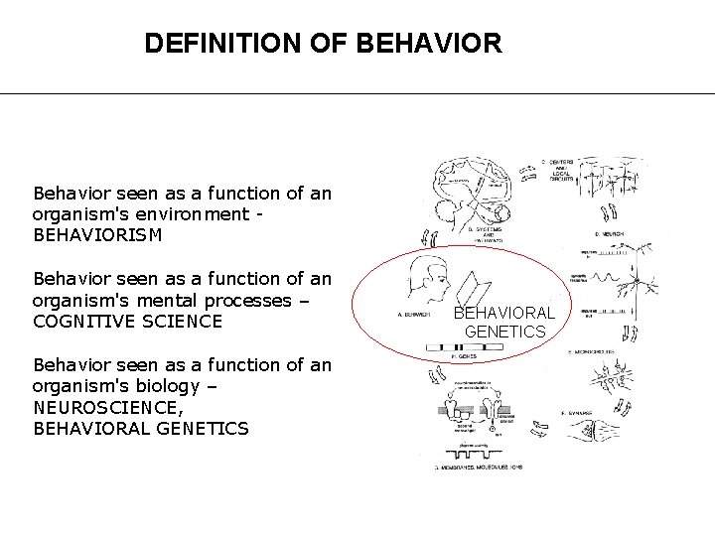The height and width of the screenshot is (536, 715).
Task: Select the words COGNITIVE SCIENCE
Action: point(127,322)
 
